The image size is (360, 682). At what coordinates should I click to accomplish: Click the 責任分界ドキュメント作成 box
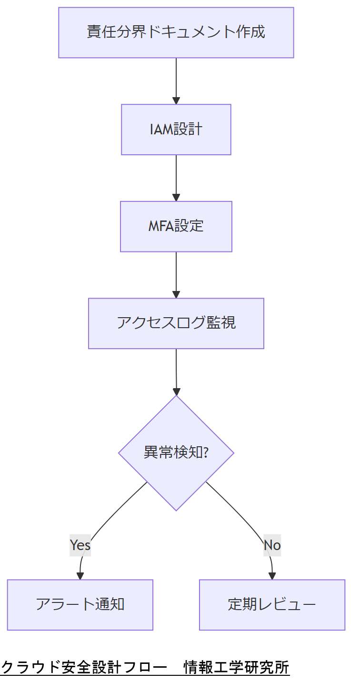click(x=176, y=32)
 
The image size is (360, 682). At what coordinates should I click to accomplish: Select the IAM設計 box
click(x=176, y=130)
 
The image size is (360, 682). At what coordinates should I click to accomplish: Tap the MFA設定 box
click(x=176, y=226)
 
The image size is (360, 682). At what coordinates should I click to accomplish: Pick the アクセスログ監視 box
click(x=176, y=323)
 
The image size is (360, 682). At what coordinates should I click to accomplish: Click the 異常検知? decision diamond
click(x=176, y=452)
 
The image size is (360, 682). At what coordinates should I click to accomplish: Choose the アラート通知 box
click(x=80, y=604)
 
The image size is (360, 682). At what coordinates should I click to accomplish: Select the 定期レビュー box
click(x=272, y=604)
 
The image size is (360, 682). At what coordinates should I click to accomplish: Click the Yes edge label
click(x=80, y=545)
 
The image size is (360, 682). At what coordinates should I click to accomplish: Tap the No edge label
click(x=272, y=545)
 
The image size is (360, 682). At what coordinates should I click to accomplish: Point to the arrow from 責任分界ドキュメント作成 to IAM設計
click(x=176, y=81)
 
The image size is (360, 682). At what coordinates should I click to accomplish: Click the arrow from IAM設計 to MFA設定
click(x=176, y=178)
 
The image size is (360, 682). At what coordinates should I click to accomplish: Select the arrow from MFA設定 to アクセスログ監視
click(x=176, y=275)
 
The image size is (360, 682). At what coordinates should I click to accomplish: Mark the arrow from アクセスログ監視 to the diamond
click(x=176, y=371)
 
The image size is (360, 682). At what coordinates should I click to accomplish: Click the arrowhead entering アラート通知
click(x=80, y=576)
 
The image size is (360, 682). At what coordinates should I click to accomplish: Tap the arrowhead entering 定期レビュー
click(x=272, y=576)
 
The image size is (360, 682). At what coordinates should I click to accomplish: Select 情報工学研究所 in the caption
click(x=237, y=667)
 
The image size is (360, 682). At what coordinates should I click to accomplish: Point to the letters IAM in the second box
click(x=161, y=130)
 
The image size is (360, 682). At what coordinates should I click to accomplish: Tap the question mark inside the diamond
click(x=206, y=452)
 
